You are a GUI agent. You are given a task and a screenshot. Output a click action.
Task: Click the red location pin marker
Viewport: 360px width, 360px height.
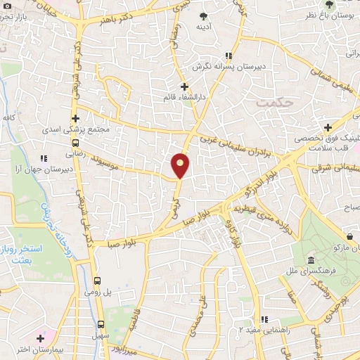(x=181, y=165)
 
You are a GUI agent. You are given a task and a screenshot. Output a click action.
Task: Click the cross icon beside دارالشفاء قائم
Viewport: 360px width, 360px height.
(x=185, y=86)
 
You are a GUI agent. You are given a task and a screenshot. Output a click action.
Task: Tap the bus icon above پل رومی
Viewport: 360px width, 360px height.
(x=98, y=277)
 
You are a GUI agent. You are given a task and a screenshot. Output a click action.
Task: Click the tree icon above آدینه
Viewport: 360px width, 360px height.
(x=204, y=15)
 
